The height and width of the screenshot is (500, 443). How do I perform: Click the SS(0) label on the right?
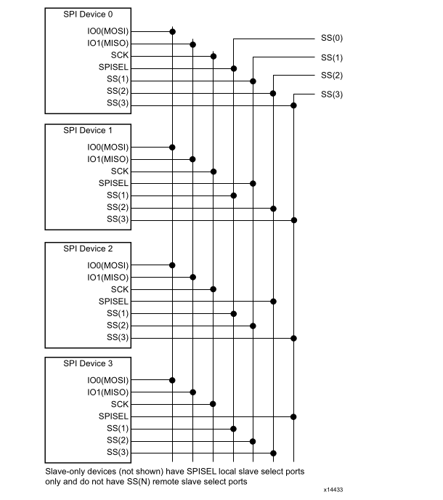click(x=331, y=37)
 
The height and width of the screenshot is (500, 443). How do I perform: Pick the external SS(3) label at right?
click(x=331, y=94)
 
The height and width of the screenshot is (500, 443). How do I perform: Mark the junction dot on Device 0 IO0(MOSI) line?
click(x=172, y=31)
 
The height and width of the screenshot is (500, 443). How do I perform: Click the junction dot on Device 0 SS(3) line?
click(x=294, y=105)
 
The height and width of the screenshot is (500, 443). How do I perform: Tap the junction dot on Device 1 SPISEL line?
click(x=253, y=183)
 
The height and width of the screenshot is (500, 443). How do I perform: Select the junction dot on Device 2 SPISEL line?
click(x=274, y=301)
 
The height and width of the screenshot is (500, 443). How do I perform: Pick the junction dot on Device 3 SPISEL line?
click(x=294, y=416)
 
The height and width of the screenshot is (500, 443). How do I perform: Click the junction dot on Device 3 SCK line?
click(x=214, y=404)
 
